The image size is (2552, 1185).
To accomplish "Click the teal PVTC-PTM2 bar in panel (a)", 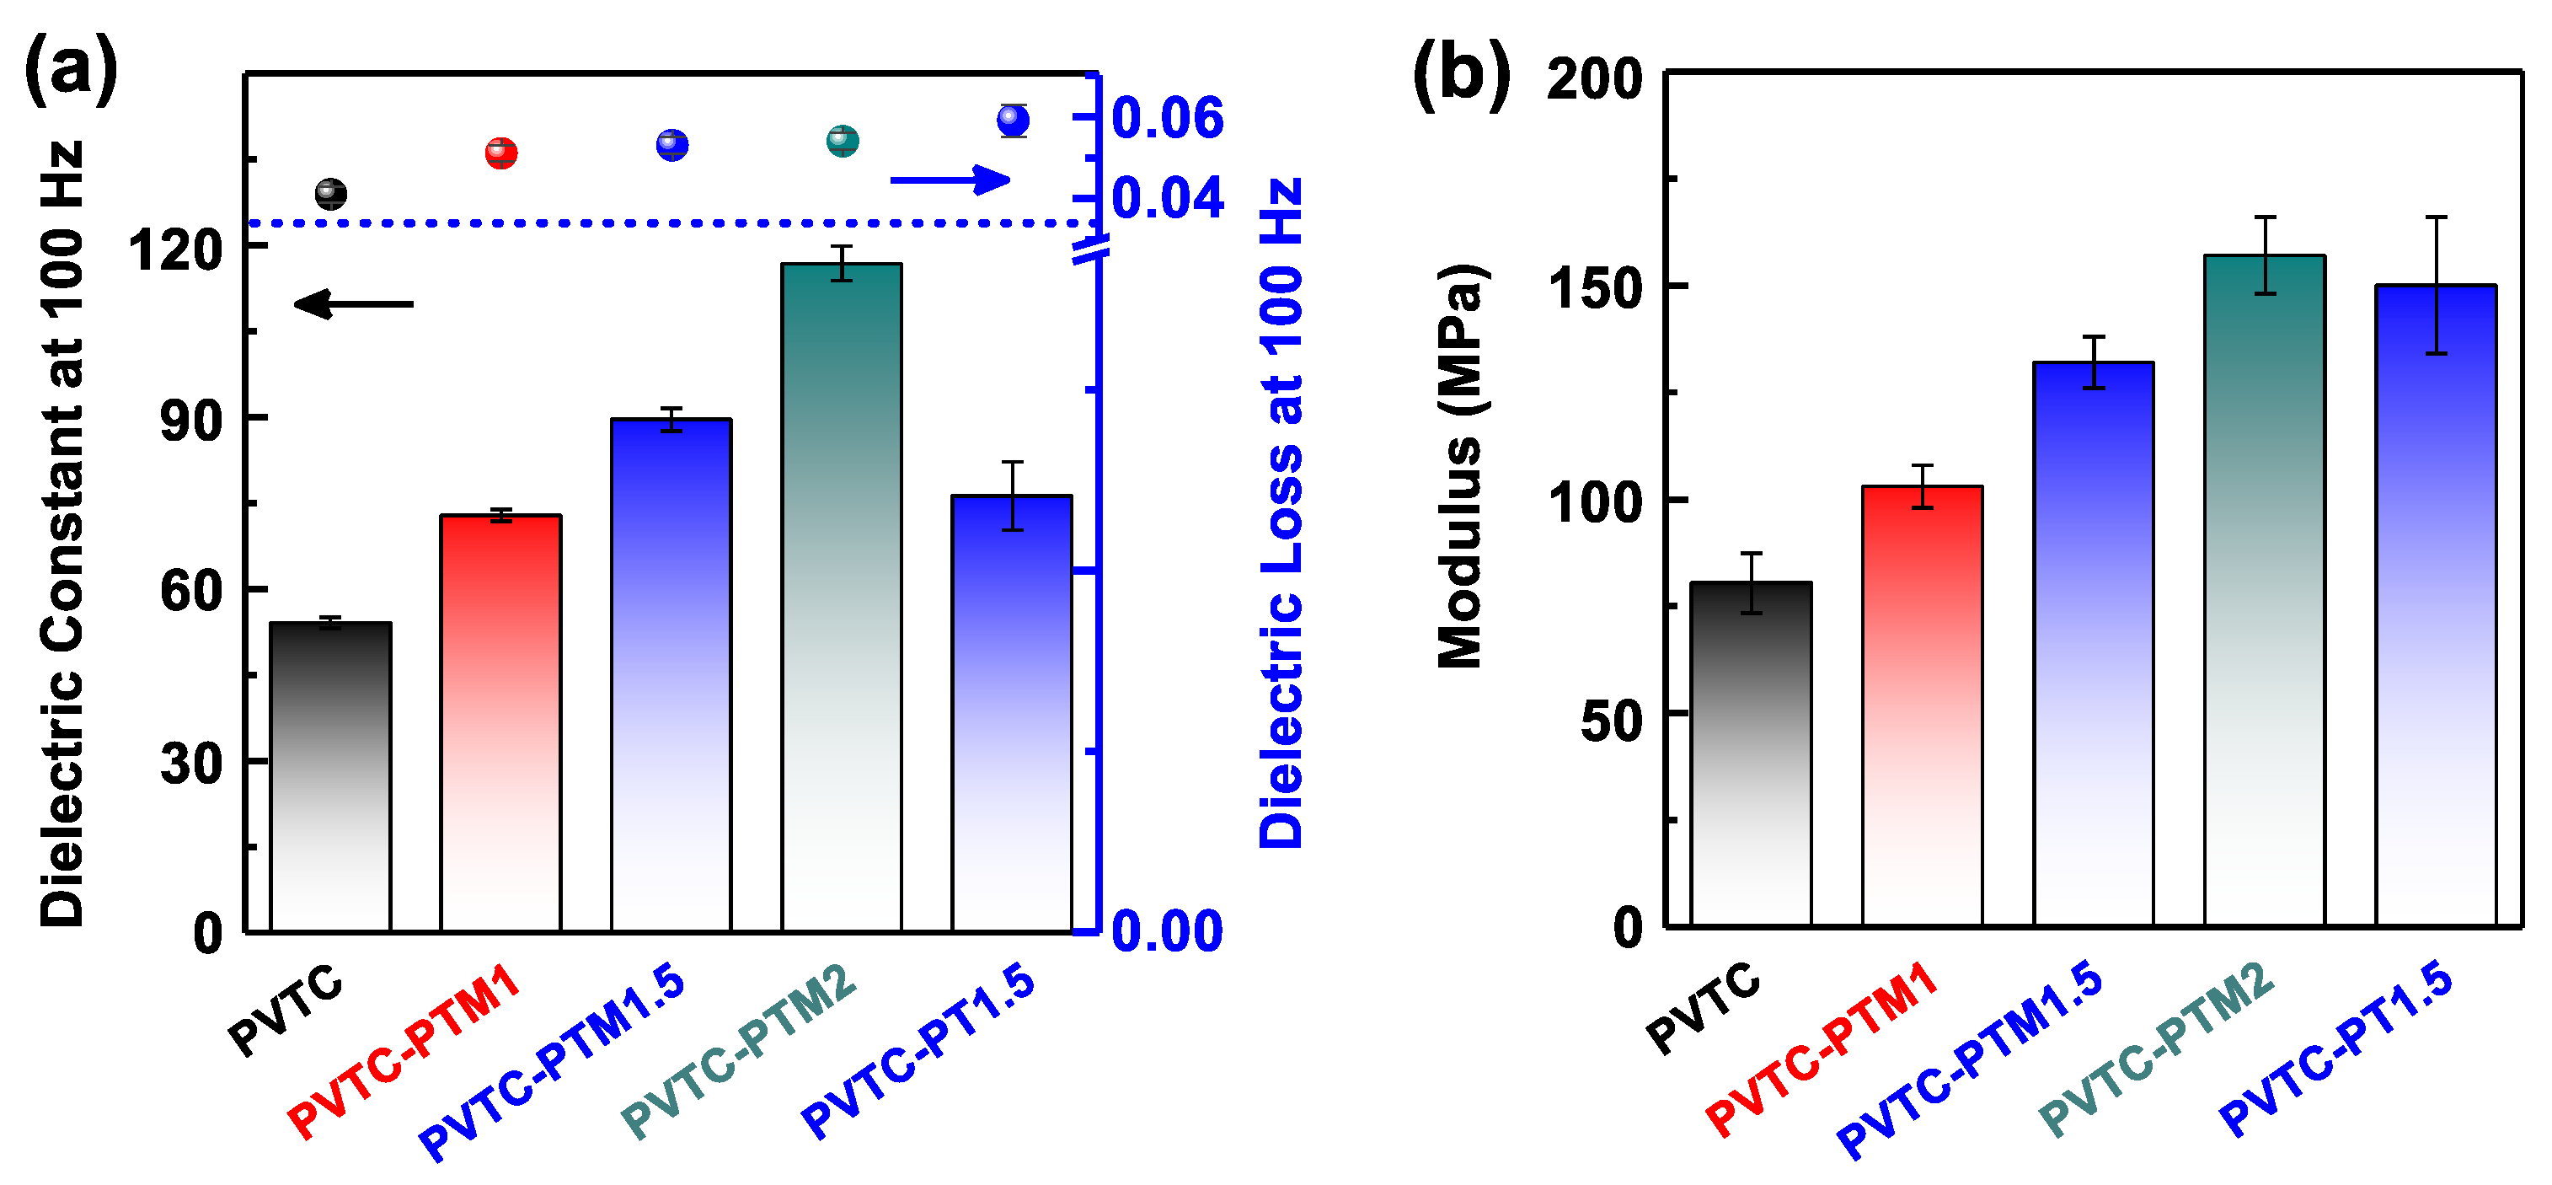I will point(841,594).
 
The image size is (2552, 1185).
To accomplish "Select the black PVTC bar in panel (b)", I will point(1751,753).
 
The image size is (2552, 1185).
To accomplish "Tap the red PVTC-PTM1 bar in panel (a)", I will point(500,723).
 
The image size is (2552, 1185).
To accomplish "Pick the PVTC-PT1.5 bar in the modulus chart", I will point(2435,604).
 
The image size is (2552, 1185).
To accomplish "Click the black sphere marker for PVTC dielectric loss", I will point(331,193).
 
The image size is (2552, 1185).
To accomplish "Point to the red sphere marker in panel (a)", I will point(501,153).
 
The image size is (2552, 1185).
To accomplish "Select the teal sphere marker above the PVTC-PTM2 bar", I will point(842,141).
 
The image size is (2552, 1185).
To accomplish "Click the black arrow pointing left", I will point(354,304).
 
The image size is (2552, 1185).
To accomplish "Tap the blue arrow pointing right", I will point(950,180).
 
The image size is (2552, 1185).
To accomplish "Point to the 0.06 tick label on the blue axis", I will point(1167,118).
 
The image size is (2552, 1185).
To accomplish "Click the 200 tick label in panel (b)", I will point(1594,78).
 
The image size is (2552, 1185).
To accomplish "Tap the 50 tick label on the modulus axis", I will point(1611,721).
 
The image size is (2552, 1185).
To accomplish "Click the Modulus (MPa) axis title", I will point(1460,466).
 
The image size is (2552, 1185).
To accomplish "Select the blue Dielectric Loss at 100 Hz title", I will point(1281,512).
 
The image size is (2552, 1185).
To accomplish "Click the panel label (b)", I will point(1460,74).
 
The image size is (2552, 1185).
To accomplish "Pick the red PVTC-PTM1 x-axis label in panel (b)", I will point(1821,1049).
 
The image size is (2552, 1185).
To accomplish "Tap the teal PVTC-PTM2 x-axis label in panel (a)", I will point(739,1050).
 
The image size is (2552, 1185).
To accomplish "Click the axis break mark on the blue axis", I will point(1091,249).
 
